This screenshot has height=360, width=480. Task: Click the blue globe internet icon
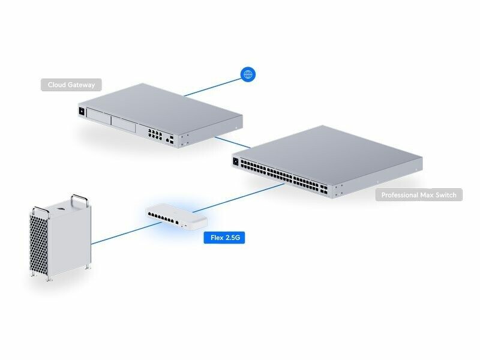[x=248, y=74]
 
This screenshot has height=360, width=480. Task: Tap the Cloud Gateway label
[x=71, y=85]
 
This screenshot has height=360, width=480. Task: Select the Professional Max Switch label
[x=419, y=195]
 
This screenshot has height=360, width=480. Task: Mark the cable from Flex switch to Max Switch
[x=240, y=199]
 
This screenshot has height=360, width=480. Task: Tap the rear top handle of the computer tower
[x=79, y=197]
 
